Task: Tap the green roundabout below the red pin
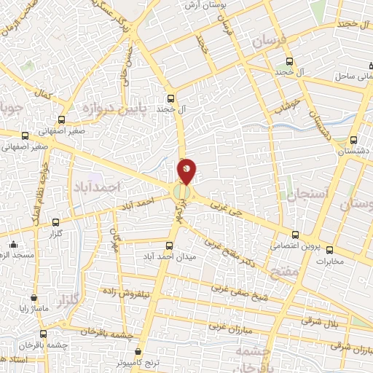click(181, 192)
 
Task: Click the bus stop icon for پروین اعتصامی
click(295, 235)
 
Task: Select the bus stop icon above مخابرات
click(329, 250)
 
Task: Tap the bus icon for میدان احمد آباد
click(170, 246)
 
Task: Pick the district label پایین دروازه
click(99, 111)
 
